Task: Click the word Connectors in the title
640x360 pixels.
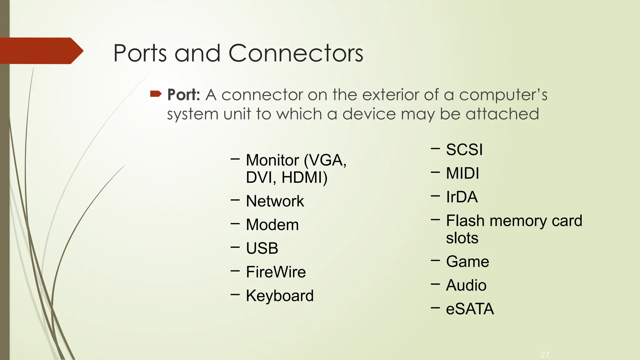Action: click(296, 53)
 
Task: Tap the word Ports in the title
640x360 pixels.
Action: click(140, 53)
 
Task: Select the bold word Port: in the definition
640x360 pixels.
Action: click(183, 95)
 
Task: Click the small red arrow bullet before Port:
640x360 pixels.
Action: click(156, 94)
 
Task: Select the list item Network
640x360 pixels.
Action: click(275, 201)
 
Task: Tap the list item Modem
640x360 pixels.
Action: click(272, 225)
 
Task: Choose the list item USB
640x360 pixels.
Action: click(262, 248)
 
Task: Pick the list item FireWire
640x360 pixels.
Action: click(276, 272)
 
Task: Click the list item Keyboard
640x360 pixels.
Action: click(280, 296)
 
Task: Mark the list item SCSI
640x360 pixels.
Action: click(464, 150)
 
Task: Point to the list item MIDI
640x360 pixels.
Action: click(462, 173)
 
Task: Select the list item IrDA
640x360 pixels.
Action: click(462, 197)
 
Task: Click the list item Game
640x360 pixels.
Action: click(467, 262)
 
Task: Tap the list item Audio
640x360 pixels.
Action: click(466, 285)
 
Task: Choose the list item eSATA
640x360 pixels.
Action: click(470, 309)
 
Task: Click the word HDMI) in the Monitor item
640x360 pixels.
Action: click(304, 177)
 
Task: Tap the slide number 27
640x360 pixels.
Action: click(545, 355)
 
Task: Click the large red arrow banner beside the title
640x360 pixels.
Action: click(41, 51)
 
